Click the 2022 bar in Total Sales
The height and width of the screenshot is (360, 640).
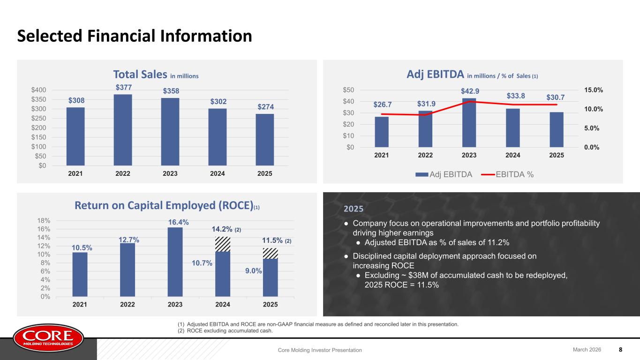[x=123, y=130]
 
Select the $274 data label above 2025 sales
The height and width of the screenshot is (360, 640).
[x=266, y=107]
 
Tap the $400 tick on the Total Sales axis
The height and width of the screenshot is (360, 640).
[x=38, y=90]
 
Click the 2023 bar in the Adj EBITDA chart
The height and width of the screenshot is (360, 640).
[x=469, y=123]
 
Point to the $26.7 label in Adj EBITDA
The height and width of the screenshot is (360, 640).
[x=383, y=105]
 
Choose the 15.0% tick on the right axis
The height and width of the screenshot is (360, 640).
[x=594, y=90]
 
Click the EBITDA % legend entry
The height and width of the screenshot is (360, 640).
[x=507, y=174]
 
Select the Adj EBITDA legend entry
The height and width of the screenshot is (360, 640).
[x=444, y=174]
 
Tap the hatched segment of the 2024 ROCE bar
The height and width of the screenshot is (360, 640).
[x=223, y=244]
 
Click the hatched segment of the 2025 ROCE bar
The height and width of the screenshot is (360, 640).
[x=270, y=254]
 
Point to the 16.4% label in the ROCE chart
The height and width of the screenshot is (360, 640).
[x=178, y=222]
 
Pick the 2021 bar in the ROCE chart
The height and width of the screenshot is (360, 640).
[x=80, y=274]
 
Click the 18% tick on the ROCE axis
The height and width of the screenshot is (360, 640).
[x=44, y=221]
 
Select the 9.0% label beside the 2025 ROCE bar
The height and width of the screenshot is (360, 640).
[x=254, y=271]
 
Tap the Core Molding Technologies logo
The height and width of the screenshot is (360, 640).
[x=48, y=338]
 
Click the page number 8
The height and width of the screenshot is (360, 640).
[x=620, y=350]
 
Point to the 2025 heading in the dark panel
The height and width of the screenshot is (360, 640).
[x=354, y=209]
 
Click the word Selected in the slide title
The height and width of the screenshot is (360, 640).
[x=50, y=36]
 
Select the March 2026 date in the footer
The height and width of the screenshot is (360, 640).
[x=587, y=350]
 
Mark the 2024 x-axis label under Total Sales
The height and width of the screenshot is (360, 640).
[x=218, y=174]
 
